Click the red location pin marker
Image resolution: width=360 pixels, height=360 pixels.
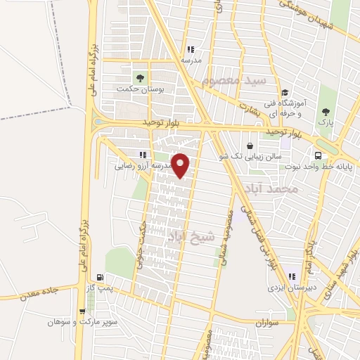(x=181, y=165)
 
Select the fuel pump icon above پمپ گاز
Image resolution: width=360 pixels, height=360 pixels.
(x=100, y=277)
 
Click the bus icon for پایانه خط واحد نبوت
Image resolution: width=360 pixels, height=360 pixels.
(x=318, y=155)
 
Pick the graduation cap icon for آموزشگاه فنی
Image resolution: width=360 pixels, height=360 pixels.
(x=285, y=92)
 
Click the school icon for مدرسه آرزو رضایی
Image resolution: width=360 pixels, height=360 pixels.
(x=143, y=155)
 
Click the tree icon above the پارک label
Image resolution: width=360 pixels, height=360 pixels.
(x=325, y=111)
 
